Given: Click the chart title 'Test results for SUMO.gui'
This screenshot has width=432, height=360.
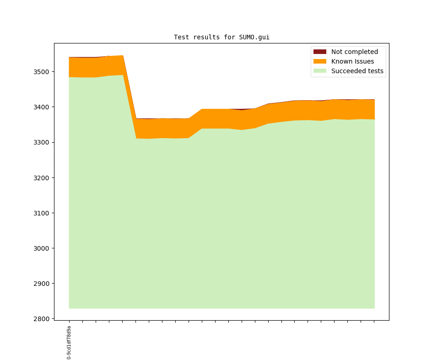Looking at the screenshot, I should pyautogui.click(x=221, y=37).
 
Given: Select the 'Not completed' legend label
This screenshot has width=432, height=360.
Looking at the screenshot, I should pyautogui.click(x=354, y=52).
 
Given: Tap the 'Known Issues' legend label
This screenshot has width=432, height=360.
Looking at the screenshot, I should pyautogui.click(x=352, y=61).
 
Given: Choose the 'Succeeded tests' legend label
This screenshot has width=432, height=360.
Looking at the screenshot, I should pyautogui.click(x=357, y=71).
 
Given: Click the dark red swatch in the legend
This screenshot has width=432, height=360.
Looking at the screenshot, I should pyautogui.click(x=320, y=52).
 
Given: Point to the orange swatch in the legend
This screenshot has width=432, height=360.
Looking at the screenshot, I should pyautogui.click(x=320, y=61).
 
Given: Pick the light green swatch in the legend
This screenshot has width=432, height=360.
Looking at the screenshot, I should pyautogui.click(x=320, y=71).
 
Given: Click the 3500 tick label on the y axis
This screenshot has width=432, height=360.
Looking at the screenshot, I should pyautogui.click(x=42, y=72).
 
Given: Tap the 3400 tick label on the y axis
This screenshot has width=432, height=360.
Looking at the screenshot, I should pyautogui.click(x=42, y=107).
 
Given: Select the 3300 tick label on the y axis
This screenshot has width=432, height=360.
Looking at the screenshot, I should pyautogui.click(x=42, y=142).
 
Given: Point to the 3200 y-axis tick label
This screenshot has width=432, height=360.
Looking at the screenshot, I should pyautogui.click(x=42, y=177).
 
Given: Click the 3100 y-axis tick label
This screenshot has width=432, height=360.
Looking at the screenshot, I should pyautogui.click(x=42, y=213).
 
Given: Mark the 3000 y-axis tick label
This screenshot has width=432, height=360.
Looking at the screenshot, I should pyautogui.click(x=42, y=248).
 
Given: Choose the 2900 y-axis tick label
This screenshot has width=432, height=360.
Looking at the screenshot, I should pyautogui.click(x=42, y=284).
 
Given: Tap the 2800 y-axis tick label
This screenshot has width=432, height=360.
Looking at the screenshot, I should pyautogui.click(x=42, y=319).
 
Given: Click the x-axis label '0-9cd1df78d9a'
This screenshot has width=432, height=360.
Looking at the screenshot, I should pyautogui.click(x=69, y=342).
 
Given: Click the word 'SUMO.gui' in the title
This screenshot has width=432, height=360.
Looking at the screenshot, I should pyautogui.click(x=254, y=37).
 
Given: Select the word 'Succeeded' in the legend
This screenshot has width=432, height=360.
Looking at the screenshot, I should pyautogui.click(x=348, y=71).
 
